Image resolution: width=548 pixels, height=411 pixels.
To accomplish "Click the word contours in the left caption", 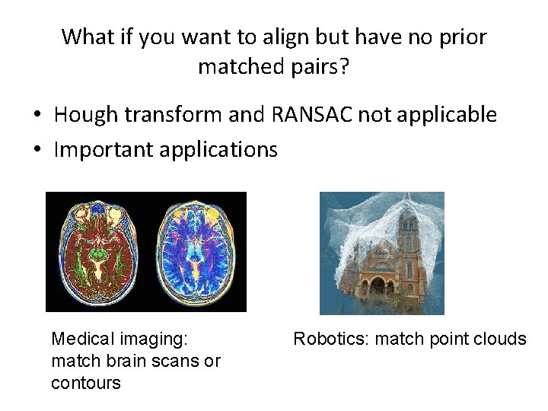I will tap(85, 382).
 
